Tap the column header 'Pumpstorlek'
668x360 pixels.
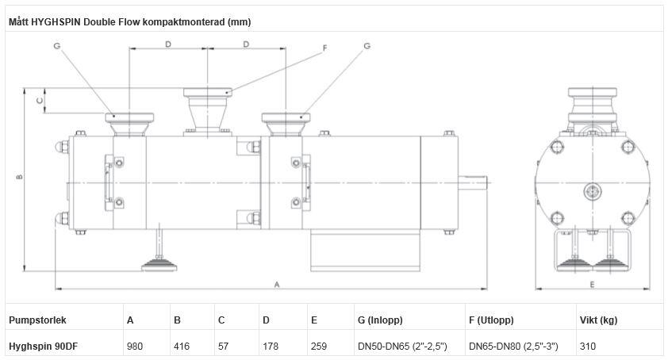pos(37,320)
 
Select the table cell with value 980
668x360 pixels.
pos(135,346)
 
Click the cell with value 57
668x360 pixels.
pos(223,346)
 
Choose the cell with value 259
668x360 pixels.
pos(317,346)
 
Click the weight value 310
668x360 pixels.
pos(588,346)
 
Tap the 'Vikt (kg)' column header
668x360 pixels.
pos(599,320)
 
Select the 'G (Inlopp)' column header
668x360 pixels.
pos(381,320)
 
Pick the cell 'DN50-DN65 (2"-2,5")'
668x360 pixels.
pos(402,346)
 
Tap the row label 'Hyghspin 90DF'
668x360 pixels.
pos(42,346)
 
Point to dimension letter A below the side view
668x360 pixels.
pos(277,283)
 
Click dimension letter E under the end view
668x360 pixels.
pos(592,283)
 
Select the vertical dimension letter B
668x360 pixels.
pos(20,177)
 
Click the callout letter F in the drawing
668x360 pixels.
pos(324,48)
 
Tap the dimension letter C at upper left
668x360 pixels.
pos(39,100)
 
